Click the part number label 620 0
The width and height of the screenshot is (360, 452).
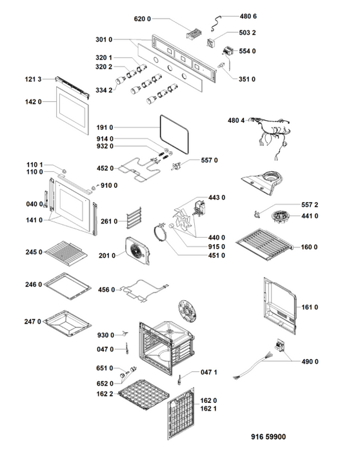pos(143,19)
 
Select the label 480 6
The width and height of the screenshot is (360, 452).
pos(248,16)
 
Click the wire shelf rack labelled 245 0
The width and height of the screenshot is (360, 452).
pos(66,254)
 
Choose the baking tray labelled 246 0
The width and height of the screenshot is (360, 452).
pos(68,286)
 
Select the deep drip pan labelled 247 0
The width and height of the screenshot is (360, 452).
pos(68,323)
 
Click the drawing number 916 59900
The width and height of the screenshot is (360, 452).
pos(268,437)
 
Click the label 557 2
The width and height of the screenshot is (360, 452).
pos(310,205)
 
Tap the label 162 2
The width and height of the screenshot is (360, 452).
pos(105,394)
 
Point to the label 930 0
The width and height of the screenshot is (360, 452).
pos(105,335)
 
